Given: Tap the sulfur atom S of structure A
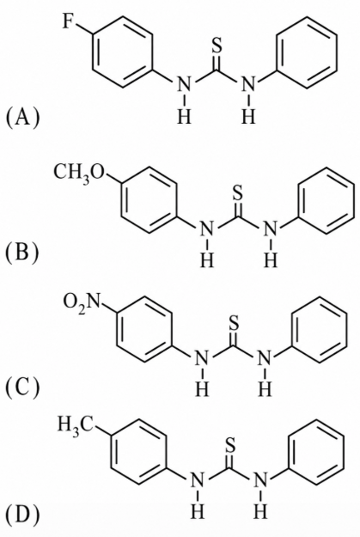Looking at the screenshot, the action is [217, 45].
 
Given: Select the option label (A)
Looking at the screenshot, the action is [22, 117].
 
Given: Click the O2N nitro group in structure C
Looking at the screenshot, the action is [81, 302].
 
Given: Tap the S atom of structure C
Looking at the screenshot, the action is [233, 322].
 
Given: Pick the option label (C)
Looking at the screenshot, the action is [22, 387].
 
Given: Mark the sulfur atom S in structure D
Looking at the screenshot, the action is [230, 444].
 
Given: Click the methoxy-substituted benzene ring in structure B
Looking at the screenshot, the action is [121, 199].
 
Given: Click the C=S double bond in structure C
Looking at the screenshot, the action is [233, 339].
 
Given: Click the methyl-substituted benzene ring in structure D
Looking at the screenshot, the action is [112, 451].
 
